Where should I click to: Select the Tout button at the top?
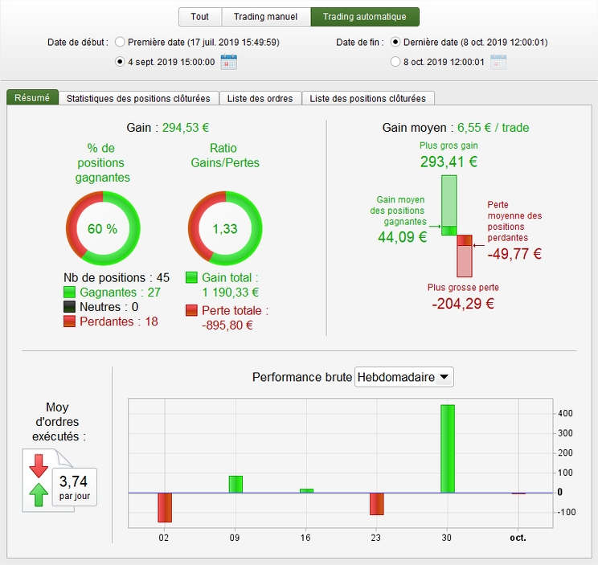[x=199, y=17]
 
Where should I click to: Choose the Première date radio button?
[x=121, y=42]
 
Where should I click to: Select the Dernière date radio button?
[x=395, y=42]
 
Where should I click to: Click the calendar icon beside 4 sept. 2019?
[x=228, y=61]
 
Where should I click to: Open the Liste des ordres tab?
[x=260, y=98]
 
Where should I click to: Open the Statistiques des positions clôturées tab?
[x=138, y=98]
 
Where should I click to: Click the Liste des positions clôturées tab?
[x=368, y=98]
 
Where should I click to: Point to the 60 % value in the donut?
[x=102, y=228]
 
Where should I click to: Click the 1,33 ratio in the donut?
[x=224, y=228]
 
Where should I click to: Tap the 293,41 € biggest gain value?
[x=448, y=162]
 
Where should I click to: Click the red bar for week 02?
[x=165, y=507]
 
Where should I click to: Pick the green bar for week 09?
[x=236, y=484]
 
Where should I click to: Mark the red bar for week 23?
[x=377, y=503]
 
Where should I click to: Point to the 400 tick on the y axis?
[x=566, y=413]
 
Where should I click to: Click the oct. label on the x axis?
[x=518, y=537]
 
